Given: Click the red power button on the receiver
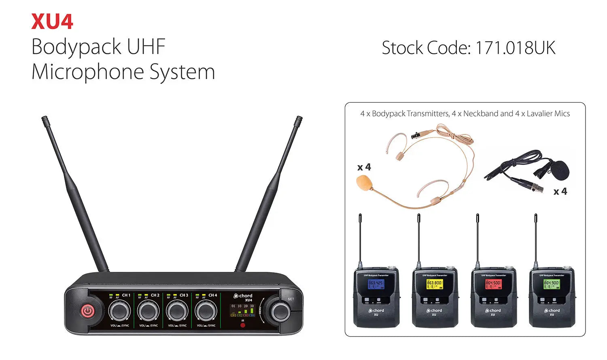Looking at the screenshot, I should point(88,311).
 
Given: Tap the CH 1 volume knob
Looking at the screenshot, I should point(119,311).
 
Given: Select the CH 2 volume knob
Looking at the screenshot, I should point(148,311).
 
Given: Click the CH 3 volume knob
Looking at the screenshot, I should point(177,311).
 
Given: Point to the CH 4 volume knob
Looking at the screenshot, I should point(206,311).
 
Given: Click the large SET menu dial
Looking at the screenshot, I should point(280,311).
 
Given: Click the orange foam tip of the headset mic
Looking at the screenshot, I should point(363,182).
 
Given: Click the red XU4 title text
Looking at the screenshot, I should point(52,22).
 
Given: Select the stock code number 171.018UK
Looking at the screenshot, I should point(515,48).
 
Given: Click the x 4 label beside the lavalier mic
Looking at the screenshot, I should point(560,191).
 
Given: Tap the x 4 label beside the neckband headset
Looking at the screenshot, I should point(364,167).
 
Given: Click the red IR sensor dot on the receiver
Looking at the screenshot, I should point(243,325).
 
